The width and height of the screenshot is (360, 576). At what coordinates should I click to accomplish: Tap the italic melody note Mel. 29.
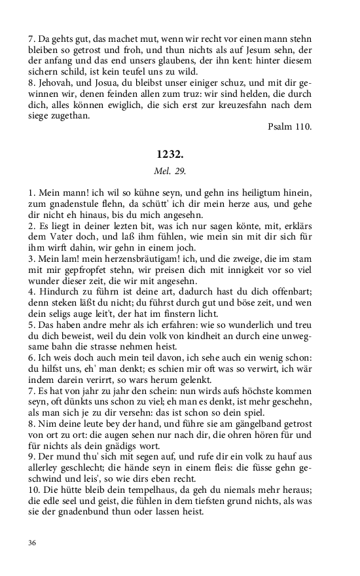pos(170,171)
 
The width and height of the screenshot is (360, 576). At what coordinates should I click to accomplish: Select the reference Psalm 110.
pos(290,126)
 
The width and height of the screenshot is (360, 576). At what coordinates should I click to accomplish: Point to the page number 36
pos(33,543)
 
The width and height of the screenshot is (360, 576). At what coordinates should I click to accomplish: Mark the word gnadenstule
pos(69,205)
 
